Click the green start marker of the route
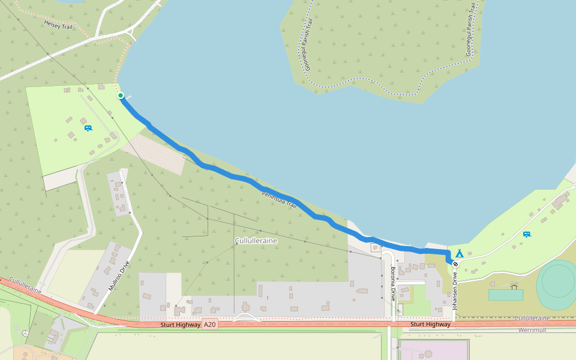121,95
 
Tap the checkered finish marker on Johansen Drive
455,264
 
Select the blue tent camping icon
459,253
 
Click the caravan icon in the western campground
88,128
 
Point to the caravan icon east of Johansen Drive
526,234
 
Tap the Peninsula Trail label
279,200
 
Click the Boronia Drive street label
393,283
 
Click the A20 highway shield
209,325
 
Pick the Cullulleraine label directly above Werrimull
532,318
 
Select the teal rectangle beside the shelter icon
505,295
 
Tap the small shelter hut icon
514,286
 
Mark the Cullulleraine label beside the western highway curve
25,285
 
